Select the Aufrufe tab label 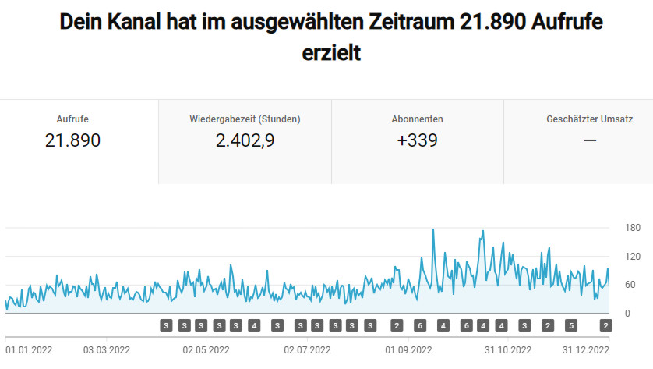coord(72,119)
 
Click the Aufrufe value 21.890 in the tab coord(72,140)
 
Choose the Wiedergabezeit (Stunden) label coord(245,119)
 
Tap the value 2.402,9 coord(245,140)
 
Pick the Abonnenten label coord(418,119)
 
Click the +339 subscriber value coord(418,140)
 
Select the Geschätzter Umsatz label coord(590,119)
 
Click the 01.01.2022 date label coord(28,350)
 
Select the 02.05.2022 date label coord(206,350)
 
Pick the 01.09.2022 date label coord(408,350)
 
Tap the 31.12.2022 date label coord(585,350)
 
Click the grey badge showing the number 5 coord(570,325)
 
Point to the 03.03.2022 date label coord(106,350)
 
